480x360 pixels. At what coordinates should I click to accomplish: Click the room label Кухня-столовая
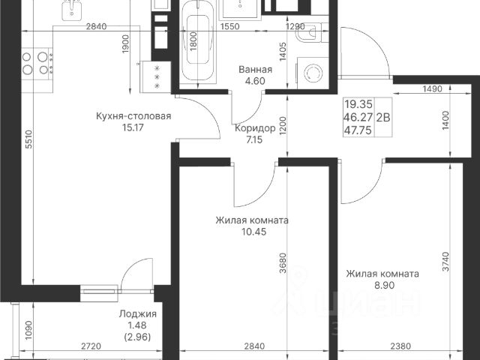tap(133, 116)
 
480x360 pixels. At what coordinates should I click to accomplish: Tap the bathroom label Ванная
tap(255, 70)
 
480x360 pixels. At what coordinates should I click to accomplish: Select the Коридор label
tap(255, 128)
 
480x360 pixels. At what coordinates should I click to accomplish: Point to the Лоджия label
tap(138, 313)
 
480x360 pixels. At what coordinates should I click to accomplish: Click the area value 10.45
tap(253, 232)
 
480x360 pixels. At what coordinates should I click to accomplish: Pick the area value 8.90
tap(385, 285)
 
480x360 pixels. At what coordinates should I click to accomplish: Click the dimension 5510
tap(28, 139)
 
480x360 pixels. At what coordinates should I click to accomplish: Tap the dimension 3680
tap(283, 263)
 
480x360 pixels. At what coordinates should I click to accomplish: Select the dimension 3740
tap(446, 262)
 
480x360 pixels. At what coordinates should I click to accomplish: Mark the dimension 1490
tap(432, 88)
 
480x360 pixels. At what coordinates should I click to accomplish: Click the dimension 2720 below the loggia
tap(91, 346)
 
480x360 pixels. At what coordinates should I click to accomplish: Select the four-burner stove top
tap(37, 64)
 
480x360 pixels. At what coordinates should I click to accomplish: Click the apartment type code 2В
tap(383, 117)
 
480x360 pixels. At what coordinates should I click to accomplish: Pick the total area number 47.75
tap(358, 130)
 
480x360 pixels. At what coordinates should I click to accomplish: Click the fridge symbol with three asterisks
tap(156, 76)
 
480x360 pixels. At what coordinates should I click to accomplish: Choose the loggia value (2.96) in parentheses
tap(138, 337)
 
